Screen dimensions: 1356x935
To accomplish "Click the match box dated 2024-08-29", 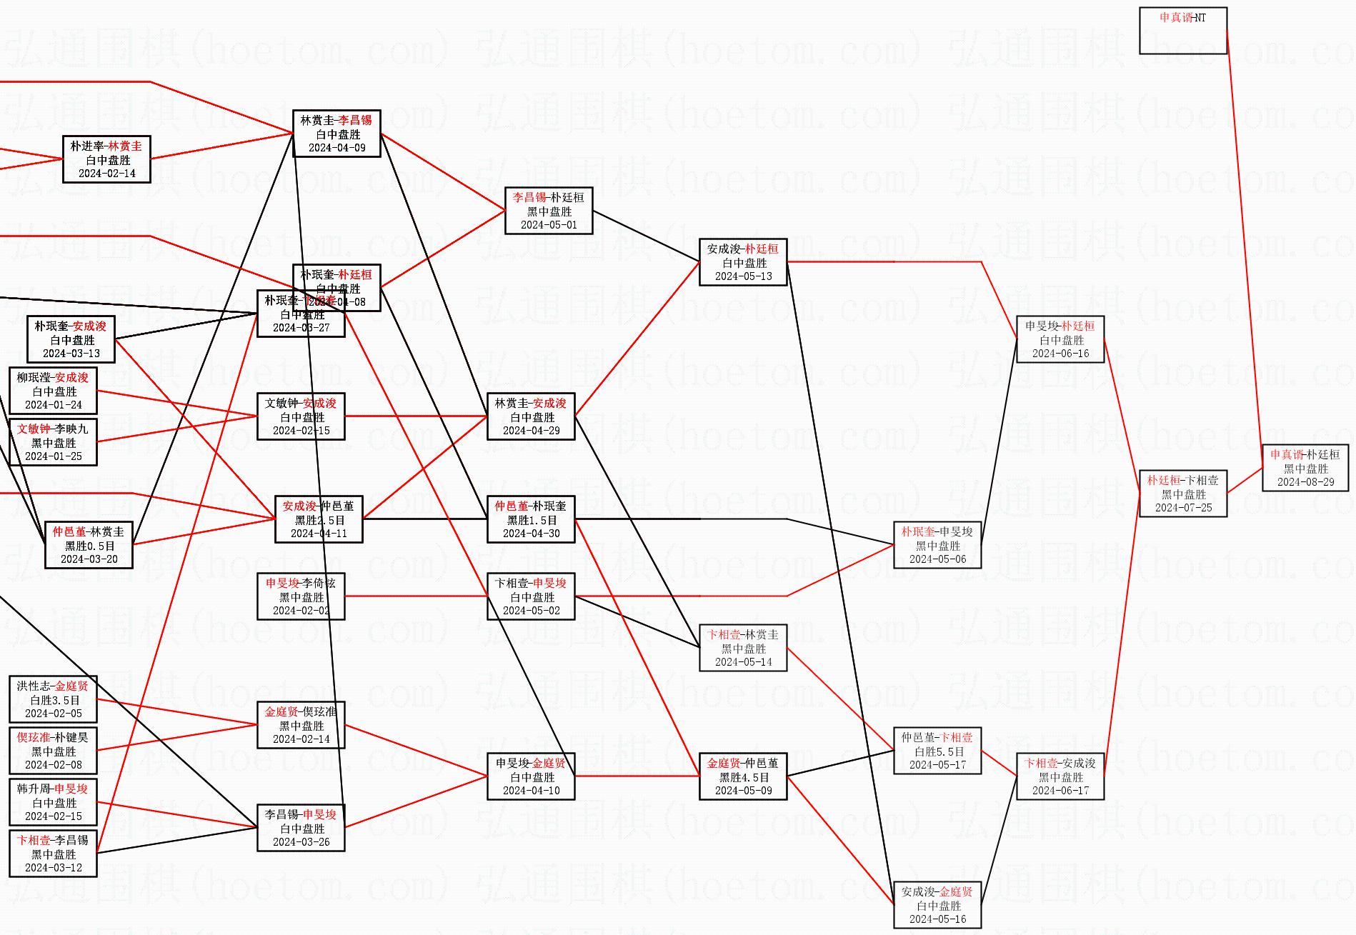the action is (x=1305, y=468).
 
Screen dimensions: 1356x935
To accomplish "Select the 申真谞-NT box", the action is (x=1182, y=31).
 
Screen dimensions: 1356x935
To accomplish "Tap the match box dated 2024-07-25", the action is (x=1182, y=494).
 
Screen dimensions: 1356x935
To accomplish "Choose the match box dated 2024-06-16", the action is (x=1060, y=339).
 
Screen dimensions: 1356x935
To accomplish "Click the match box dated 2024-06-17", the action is (x=1060, y=776).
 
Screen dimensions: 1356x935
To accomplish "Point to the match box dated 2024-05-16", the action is (x=937, y=905).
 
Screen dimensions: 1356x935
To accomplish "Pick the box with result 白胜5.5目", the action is (x=937, y=751).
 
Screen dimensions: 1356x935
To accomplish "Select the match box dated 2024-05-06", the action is (x=937, y=545).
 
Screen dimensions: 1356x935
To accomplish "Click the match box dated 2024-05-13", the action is (x=742, y=262).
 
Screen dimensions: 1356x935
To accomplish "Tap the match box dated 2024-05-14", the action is (x=742, y=648).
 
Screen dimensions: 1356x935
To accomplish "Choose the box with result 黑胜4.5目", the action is (x=742, y=776).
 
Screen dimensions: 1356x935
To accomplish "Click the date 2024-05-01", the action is (x=548, y=225).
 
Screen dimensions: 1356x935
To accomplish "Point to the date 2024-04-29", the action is (x=531, y=431).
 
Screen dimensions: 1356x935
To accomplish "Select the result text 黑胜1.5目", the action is (x=531, y=520).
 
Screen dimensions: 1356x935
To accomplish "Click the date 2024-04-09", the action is (x=336, y=148).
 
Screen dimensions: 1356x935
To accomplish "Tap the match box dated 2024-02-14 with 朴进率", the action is (x=106, y=159).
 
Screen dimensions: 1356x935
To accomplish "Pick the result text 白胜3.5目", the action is (x=53, y=700).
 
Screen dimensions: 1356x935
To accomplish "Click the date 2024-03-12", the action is (x=53, y=868).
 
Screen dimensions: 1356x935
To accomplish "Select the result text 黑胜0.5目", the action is (x=89, y=546).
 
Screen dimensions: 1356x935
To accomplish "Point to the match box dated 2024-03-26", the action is (x=301, y=828).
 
